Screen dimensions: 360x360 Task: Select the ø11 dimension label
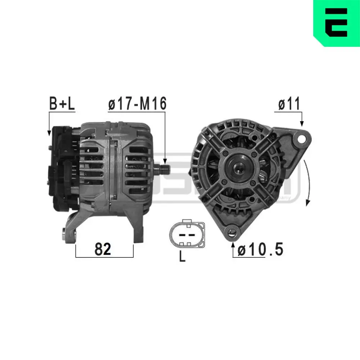pyautogui.click(x=289, y=104)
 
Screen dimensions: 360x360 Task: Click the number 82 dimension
pyautogui.click(x=103, y=249)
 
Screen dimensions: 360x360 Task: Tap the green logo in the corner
pyautogui.click(x=337, y=23)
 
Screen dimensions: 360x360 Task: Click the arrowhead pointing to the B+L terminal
pyautogui.click(x=49, y=133)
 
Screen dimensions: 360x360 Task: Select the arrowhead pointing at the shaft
pyautogui.click(x=165, y=161)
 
